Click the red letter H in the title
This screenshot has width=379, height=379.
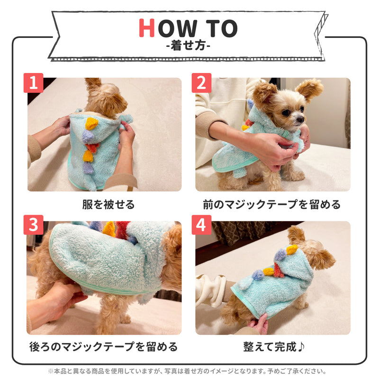tap(147, 28)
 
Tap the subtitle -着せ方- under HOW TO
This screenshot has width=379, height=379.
tap(188, 45)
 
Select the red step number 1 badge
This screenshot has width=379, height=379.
tap(33, 83)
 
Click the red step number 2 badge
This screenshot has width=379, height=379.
tap(202, 83)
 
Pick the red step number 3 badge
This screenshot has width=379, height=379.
tap(33, 225)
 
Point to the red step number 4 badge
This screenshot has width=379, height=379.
tap(202, 225)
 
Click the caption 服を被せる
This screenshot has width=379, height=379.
tap(108, 205)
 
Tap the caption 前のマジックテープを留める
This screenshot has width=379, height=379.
tap(272, 205)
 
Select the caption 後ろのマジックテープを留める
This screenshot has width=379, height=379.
tap(104, 347)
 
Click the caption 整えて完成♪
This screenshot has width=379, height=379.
tap(274, 347)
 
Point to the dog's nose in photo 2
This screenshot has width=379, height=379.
tap(300, 119)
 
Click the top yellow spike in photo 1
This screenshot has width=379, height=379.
tap(92, 124)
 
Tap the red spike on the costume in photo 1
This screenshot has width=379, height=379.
tap(92, 147)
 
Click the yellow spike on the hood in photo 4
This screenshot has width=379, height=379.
tap(292, 250)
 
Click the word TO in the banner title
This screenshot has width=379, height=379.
tap(221, 28)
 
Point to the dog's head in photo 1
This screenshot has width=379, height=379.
tap(106, 97)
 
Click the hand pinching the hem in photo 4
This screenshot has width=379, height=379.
tap(259, 324)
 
